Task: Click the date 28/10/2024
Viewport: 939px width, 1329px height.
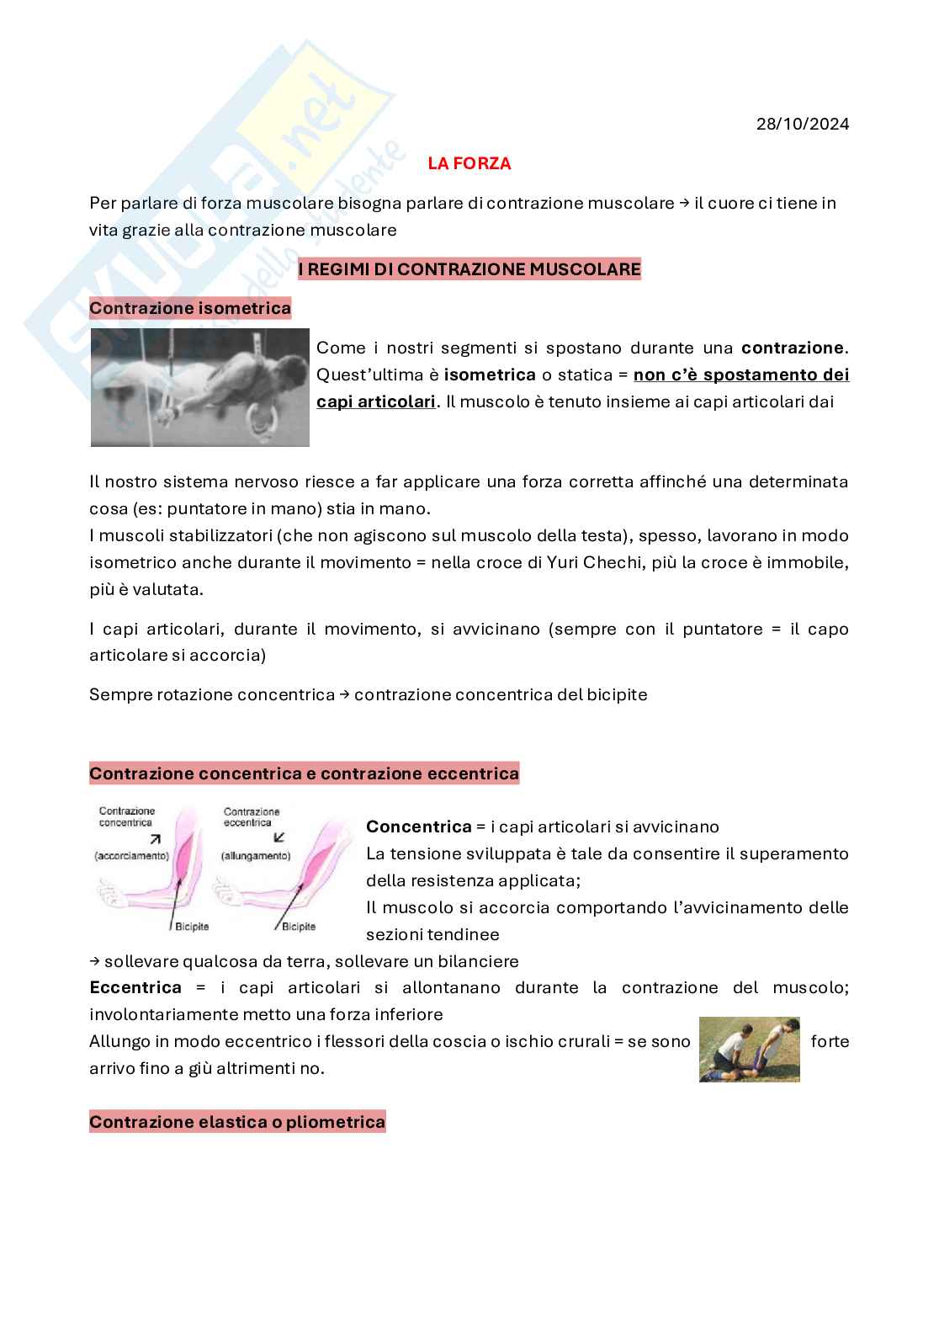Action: pos(802,124)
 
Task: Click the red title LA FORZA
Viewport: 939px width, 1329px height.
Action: pos(469,164)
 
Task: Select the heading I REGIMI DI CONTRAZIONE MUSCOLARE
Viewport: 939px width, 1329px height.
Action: pos(469,269)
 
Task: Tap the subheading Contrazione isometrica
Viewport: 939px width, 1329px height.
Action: pos(190,308)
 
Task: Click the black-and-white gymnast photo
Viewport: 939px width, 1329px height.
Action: pos(200,387)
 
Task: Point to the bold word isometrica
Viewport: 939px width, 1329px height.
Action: pos(490,375)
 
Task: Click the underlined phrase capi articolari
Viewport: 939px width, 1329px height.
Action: pos(376,401)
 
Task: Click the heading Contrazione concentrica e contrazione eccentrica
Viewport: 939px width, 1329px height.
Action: pos(304,773)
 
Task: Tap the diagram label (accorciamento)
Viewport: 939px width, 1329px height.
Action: pos(133,856)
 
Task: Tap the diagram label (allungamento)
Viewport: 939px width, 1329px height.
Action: pos(255,856)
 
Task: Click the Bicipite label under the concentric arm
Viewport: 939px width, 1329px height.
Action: pos(192,927)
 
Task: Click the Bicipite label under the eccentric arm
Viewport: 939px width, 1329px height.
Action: pos(299,927)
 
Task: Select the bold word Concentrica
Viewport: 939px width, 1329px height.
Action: pos(418,827)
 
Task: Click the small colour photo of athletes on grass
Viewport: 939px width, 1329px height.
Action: pos(749,1049)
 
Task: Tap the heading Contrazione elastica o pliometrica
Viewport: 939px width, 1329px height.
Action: pos(237,1122)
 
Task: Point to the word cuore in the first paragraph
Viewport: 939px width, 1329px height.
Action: pos(735,203)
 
